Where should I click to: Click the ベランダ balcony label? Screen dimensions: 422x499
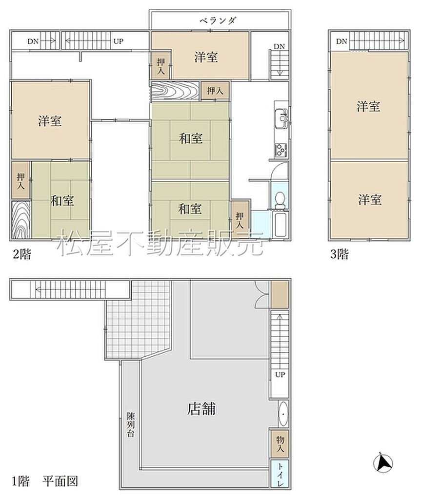coord(218,20)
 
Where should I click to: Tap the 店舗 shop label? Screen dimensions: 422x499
coord(201,409)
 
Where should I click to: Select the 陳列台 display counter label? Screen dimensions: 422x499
coord(131,424)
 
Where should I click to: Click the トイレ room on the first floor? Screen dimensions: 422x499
coord(280,474)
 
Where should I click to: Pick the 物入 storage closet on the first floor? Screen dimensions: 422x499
coord(280,444)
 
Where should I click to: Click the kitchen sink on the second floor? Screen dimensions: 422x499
coord(281,119)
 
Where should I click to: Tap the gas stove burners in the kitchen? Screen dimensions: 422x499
coord(281,150)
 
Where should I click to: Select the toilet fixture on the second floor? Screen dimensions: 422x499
coord(280,200)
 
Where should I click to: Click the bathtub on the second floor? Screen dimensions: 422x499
coord(281,224)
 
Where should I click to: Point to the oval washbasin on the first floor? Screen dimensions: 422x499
coord(283,414)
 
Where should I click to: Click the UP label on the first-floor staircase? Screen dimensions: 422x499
coord(280,375)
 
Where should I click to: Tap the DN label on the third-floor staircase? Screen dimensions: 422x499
coord(342,41)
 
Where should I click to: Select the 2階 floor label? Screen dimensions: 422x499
coord(22,254)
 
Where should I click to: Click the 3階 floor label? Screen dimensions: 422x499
coord(339,254)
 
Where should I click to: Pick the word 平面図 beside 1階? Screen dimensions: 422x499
coord(60,480)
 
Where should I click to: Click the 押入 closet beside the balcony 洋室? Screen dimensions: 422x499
coord(161,66)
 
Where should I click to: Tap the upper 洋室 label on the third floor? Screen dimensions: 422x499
coord(368,106)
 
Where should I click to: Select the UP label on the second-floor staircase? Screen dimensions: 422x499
coord(118,41)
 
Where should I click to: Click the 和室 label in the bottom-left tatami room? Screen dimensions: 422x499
coord(62,200)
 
